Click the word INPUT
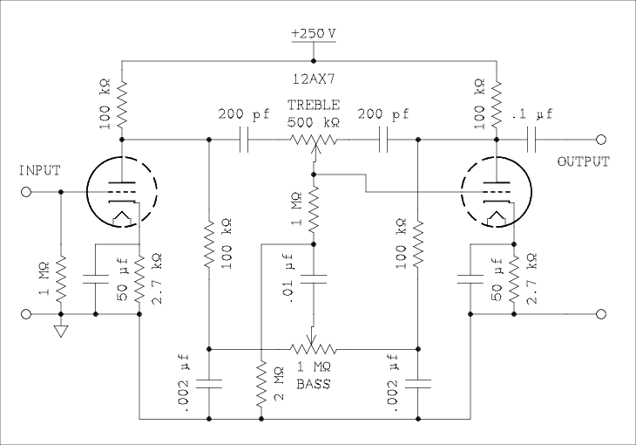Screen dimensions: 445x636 pyautogui.click(x=40, y=171)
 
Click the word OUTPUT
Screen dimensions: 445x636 pyautogui.click(x=584, y=162)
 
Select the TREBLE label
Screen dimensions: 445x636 pyautogui.click(x=314, y=104)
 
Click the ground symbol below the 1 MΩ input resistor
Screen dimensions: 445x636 pyautogui.click(x=61, y=331)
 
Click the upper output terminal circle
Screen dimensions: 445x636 pyautogui.click(x=599, y=140)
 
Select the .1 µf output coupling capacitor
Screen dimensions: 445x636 pyautogui.click(x=532, y=140)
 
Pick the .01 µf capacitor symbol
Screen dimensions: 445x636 pyautogui.click(x=314, y=280)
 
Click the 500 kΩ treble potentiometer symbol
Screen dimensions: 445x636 pyautogui.click(x=314, y=140)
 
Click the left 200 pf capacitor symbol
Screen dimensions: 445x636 pyautogui.click(x=244, y=140)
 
